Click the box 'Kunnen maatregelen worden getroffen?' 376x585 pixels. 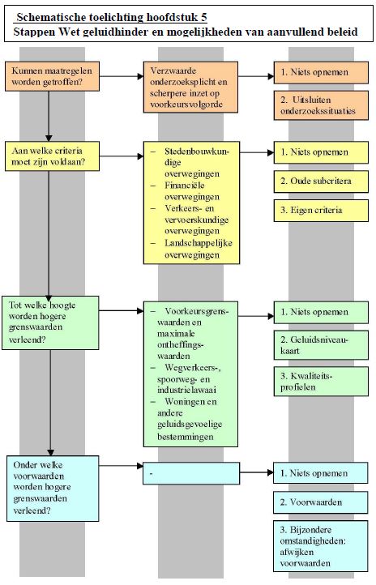52,76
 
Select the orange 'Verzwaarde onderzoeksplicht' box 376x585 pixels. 190,88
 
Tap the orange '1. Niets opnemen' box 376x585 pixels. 321,72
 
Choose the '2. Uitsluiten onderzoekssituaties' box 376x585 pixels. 321,105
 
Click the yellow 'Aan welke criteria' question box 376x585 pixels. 52,156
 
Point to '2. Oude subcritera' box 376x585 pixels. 321,181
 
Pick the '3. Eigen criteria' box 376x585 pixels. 321,211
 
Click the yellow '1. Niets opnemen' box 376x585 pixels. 321,152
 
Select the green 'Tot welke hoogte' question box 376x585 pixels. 50,322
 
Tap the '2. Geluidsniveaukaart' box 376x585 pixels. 321,345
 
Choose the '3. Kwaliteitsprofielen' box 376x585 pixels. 321,382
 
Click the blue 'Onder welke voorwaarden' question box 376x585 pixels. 53,489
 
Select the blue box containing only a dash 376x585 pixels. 191,473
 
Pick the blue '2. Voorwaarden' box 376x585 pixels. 320,502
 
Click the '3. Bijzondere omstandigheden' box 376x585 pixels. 320,546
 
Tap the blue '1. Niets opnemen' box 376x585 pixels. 320,473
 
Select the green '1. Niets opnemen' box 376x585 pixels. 321,312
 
